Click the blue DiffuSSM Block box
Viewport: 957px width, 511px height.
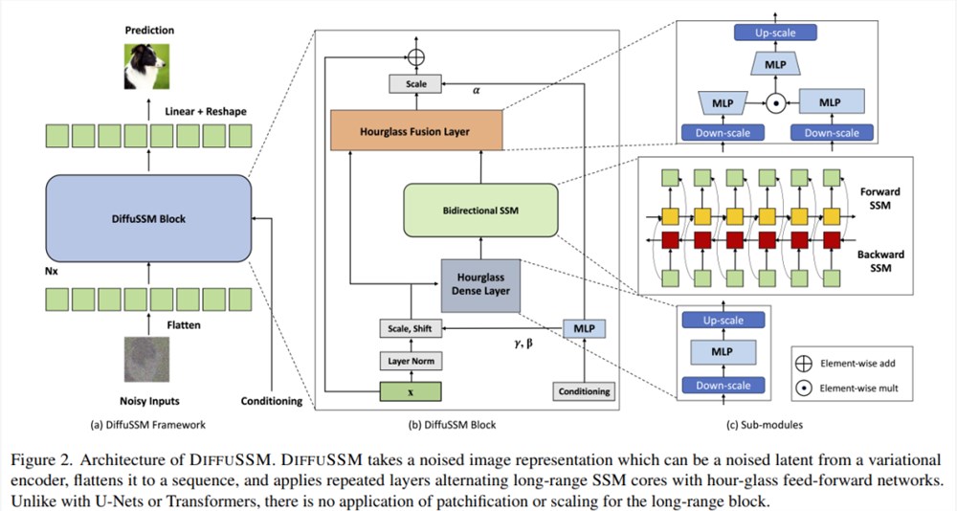[x=148, y=218]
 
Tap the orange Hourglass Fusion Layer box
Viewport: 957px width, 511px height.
[x=416, y=130]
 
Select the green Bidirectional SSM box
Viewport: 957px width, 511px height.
[x=481, y=210]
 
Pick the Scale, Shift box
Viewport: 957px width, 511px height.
[x=411, y=328]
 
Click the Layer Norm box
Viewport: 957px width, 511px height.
[x=411, y=361]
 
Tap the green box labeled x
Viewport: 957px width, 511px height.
[x=411, y=392]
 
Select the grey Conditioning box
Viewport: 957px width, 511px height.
[x=584, y=391]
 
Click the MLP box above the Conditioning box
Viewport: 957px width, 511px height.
[x=584, y=328]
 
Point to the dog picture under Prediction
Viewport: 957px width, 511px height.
[x=147, y=67]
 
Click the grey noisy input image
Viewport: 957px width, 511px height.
[x=147, y=360]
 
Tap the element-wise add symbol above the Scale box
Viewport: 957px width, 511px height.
[x=416, y=57]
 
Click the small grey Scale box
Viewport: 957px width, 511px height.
[x=415, y=83]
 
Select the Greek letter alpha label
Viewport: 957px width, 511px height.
[x=476, y=90]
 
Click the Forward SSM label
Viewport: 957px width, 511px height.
[x=880, y=198]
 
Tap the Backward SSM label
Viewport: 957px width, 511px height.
[x=880, y=261]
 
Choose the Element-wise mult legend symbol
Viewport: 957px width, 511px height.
[x=804, y=388]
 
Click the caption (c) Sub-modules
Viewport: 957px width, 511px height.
[x=764, y=424]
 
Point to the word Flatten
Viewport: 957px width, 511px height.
[x=184, y=324]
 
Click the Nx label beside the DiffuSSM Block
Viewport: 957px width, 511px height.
[x=52, y=271]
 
